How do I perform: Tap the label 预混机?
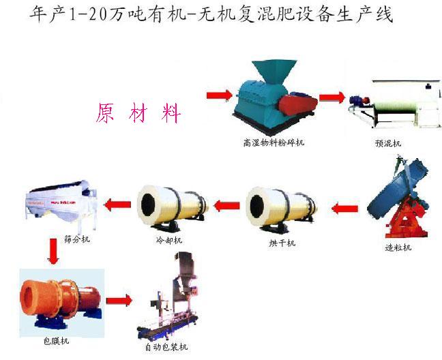click(388, 143)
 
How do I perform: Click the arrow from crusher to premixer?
click(332, 97)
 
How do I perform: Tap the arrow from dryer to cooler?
click(227, 203)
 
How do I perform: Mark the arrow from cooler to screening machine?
click(118, 202)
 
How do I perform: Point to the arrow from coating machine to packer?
click(119, 300)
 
